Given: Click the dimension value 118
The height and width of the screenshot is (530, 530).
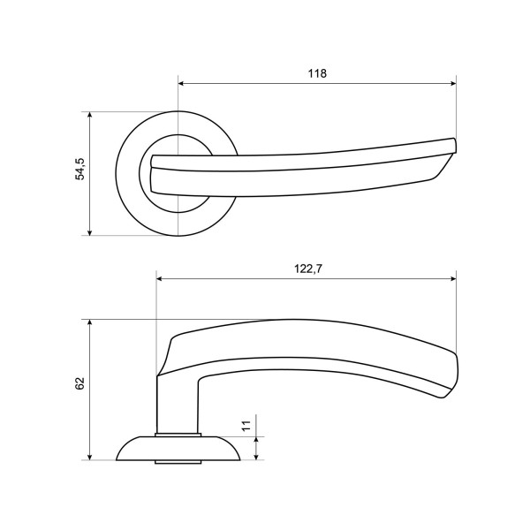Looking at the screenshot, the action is pyautogui.click(x=317, y=73).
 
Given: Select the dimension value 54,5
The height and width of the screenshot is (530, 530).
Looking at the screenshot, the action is pyautogui.click(x=80, y=169).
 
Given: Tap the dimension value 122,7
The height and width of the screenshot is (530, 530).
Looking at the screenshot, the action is pyautogui.click(x=308, y=269).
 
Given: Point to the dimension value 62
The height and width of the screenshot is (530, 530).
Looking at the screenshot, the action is pyautogui.click(x=79, y=383).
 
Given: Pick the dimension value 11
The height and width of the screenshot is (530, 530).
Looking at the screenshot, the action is pyautogui.click(x=246, y=425).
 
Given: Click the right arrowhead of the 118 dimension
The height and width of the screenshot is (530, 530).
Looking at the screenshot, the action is pyautogui.click(x=453, y=84).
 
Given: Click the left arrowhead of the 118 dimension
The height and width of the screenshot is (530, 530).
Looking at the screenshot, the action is pyautogui.click(x=181, y=84).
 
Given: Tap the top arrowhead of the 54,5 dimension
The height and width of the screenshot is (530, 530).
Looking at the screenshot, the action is pyautogui.click(x=89, y=115).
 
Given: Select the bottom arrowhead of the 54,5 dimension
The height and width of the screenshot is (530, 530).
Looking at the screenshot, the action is pyautogui.click(x=89, y=232).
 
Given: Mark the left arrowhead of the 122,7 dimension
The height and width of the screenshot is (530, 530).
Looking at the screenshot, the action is pyautogui.click(x=160, y=278).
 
